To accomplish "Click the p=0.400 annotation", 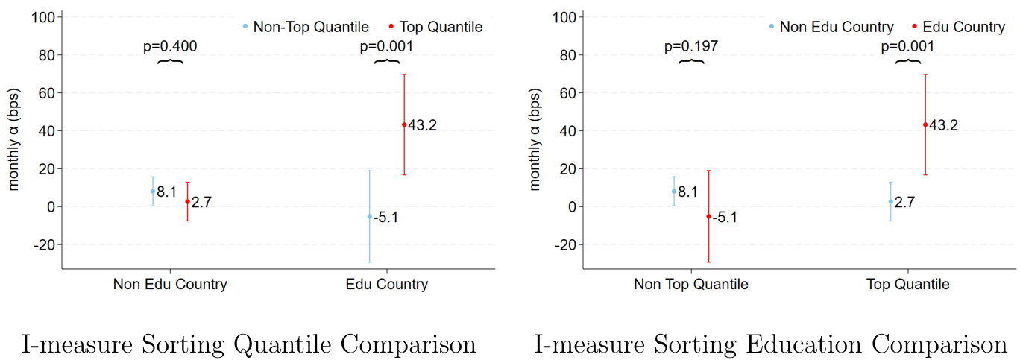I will (170, 47).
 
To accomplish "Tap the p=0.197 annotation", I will (691, 47).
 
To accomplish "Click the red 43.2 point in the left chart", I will (404, 124).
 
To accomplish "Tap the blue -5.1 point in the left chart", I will (369, 216).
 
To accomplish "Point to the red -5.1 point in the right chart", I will (708, 216).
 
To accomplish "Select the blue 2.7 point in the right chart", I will (890, 201).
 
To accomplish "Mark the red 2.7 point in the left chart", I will (187, 201).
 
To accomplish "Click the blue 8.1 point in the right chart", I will (674, 191).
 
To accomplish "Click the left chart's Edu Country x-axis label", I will (386, 284).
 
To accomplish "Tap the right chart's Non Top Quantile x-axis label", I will (691, 284).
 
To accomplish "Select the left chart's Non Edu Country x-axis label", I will (170, 284).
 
